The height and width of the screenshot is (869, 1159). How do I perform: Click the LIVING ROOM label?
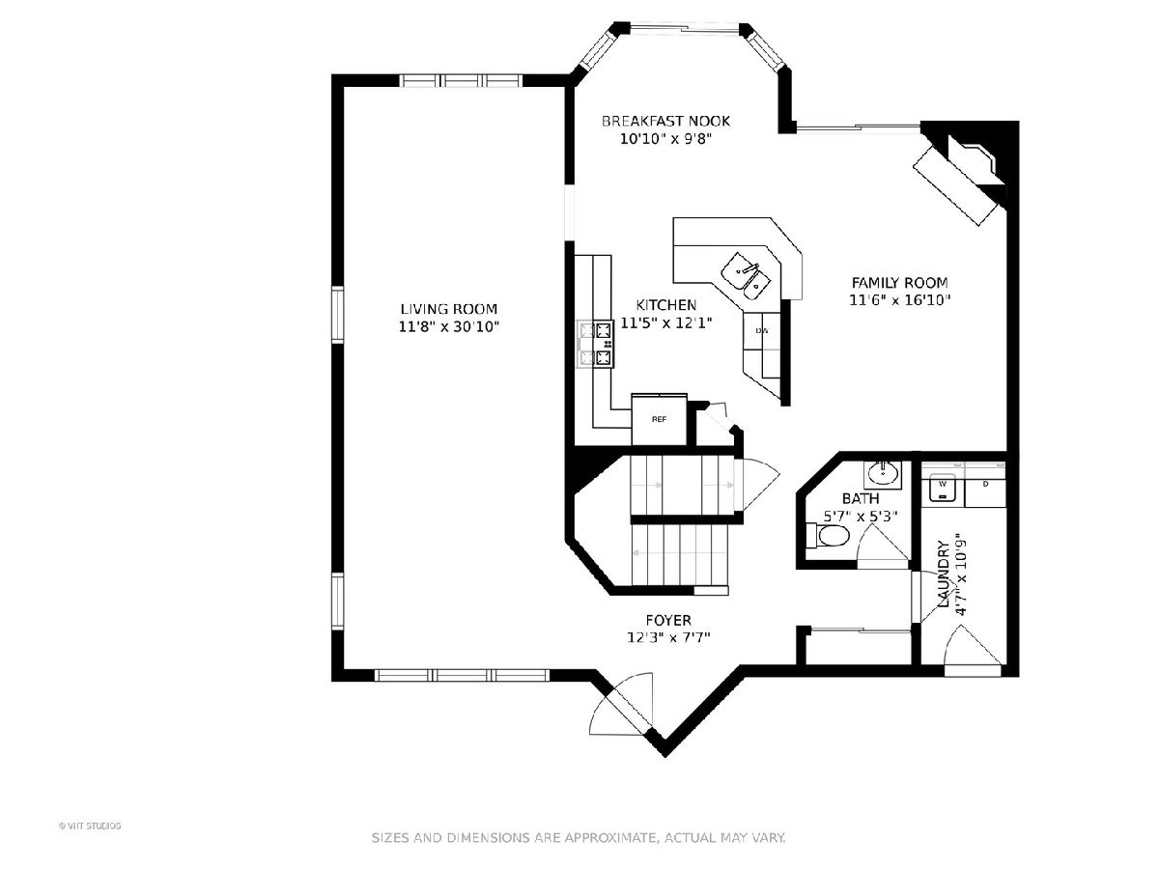click(x=448, y=309)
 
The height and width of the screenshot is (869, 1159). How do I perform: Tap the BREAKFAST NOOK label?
click(x=665, y=122)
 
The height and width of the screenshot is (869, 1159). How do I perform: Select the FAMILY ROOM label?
click(x=899, y=282)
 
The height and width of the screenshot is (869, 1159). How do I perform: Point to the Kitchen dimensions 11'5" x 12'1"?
click(x=665, y=322)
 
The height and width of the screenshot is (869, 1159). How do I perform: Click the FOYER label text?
click(x=668, y=620)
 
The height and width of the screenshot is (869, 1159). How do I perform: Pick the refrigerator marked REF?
click(x=659, y=419)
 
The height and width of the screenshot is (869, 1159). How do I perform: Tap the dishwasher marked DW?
click(x=761, y=331)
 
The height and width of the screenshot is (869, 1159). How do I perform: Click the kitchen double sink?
click(x=746, y=275)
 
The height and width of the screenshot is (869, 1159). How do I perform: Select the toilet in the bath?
click(x=828, y=536)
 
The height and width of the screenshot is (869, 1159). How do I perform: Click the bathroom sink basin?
click(x=883, y=473)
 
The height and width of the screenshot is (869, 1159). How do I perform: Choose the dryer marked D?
click(x=985, y=488)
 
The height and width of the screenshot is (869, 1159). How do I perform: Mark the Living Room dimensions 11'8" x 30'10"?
click(x=448, y=327)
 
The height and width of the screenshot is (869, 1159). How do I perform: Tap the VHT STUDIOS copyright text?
click(x=90, y=826)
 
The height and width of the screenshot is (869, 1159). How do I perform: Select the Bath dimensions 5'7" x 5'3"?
click(x=861, y=516)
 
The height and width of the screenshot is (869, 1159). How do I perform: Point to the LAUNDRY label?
click(x=944, y=575)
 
